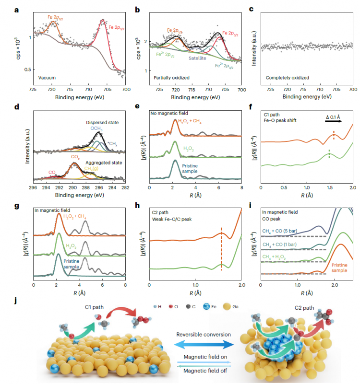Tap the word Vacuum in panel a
[x=48, y=77]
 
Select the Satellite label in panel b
[x=197, y=58]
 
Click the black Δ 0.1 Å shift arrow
[x=335, y=122]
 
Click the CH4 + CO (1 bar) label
[x=280, y=244]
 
